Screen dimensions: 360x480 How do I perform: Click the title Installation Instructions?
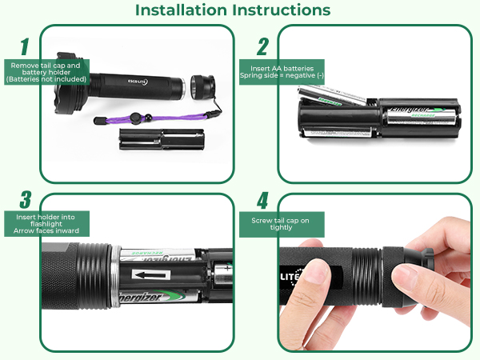[x=232, y=10]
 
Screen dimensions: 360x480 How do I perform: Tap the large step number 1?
[x=25, y=46]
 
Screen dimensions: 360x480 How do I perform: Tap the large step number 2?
[x=262, y=46]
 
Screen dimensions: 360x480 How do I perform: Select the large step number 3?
[x=25, y=200]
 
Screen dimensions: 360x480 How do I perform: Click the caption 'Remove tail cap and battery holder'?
[x=44, y=72]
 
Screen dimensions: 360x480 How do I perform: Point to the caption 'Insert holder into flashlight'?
[x=46, y=223]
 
